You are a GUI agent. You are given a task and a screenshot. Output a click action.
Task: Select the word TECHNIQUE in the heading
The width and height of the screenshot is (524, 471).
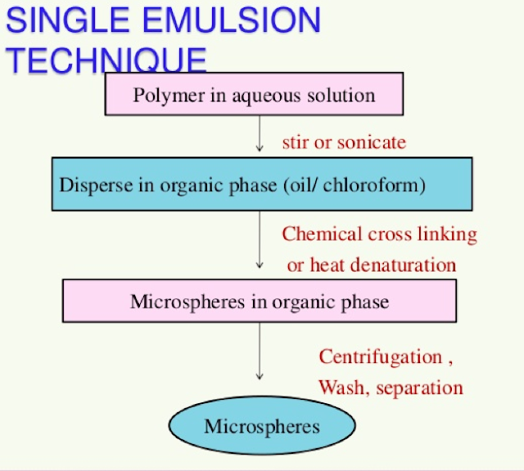pyautogui.click(x=106, y=60)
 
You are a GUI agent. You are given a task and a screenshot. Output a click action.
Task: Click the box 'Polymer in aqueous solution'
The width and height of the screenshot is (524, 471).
pyautogui.click(x=254, y=95)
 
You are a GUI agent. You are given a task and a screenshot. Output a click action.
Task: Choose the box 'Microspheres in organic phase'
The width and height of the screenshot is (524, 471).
pyautogui.click(x=259, y=302)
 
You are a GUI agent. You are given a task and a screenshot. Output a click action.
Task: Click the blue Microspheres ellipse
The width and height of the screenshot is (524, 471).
pyautogui.click(x=262, y=426)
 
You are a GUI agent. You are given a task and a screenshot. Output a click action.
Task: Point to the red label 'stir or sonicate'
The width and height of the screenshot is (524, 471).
pyautogui.click(x=344, y=142)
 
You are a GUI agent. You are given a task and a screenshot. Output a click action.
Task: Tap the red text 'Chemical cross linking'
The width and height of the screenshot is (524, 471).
pyautogui.click(x=379, y=234)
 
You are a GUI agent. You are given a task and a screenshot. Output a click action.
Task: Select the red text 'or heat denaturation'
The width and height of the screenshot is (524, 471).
pyautogui.click(x=371, y=265)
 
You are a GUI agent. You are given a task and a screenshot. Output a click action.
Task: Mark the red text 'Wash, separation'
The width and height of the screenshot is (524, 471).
pyautogui.click(x=391, y=388)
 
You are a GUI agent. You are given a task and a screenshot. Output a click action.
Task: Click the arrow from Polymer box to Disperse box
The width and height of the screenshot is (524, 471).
pyautogui.click(x=260, y=133)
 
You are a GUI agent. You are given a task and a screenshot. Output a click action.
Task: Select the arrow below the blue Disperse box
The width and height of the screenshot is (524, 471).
pyautogui.click(x=260, y=240)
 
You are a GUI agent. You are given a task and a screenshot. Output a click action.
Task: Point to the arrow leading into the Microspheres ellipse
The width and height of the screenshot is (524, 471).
pyautogui.click(x=260, y=352)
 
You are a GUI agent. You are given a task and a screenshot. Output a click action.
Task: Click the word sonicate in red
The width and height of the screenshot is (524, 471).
pyautogui.click(x=372, y=142)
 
